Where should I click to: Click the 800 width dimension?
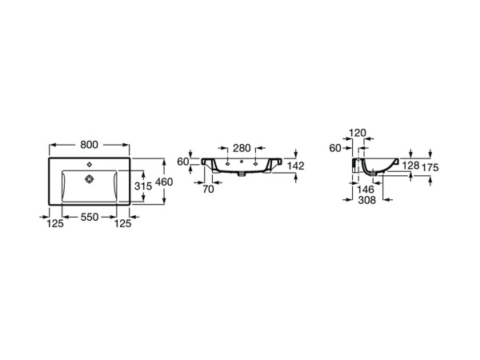tap(89, 145)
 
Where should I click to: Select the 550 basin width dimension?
tap(90, 217)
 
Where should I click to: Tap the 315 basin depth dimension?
tap(143, 186)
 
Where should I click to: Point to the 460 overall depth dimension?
tap(164, 182)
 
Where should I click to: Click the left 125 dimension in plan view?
tap(55, 224)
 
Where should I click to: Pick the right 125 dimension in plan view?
tap(122, 224)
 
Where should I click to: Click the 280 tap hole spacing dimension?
tap(242, 148)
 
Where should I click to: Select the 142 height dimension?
tap(296, 166)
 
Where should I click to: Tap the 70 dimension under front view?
tap(208, 189)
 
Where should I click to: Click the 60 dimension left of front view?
tap(183, 162)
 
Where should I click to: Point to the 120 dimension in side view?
tap(358, 133)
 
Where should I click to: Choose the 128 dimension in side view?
tap(410, 166)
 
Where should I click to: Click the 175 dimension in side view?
tap(430, 167)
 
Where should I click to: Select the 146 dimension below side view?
tap(366, 190)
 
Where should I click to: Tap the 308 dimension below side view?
tap(366, 200)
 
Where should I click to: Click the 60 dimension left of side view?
tap(335, 148)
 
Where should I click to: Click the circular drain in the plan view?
tap(89, 178)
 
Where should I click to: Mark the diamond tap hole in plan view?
tap(90, 165)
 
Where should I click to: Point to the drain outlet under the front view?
tap(242, 174)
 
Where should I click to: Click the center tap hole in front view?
tap(242, 162)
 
